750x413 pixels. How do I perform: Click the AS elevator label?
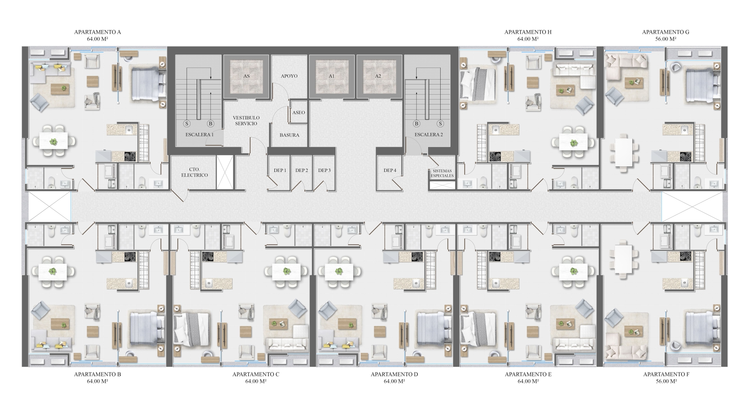point(246,76)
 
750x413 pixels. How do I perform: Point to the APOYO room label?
point(289,76)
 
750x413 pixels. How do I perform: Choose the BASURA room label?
point(289,135)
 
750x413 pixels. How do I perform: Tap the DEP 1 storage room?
point(279,173)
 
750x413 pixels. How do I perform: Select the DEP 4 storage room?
point(390,173)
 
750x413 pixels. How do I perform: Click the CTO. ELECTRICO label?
point(194,172)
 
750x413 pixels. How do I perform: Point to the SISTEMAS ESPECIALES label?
point(442,173)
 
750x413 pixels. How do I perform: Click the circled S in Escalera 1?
point(187,124)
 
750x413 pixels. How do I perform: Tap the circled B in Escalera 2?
point(416,124)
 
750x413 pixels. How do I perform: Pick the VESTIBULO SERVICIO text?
point(246,121)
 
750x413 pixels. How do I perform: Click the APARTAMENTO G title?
point(666,32)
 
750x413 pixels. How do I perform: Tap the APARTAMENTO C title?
point(256,374)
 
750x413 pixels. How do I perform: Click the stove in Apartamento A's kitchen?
point(130,156)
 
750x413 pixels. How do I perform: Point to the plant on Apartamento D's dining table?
point(339,271)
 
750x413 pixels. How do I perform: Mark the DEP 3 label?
point(324,170)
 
